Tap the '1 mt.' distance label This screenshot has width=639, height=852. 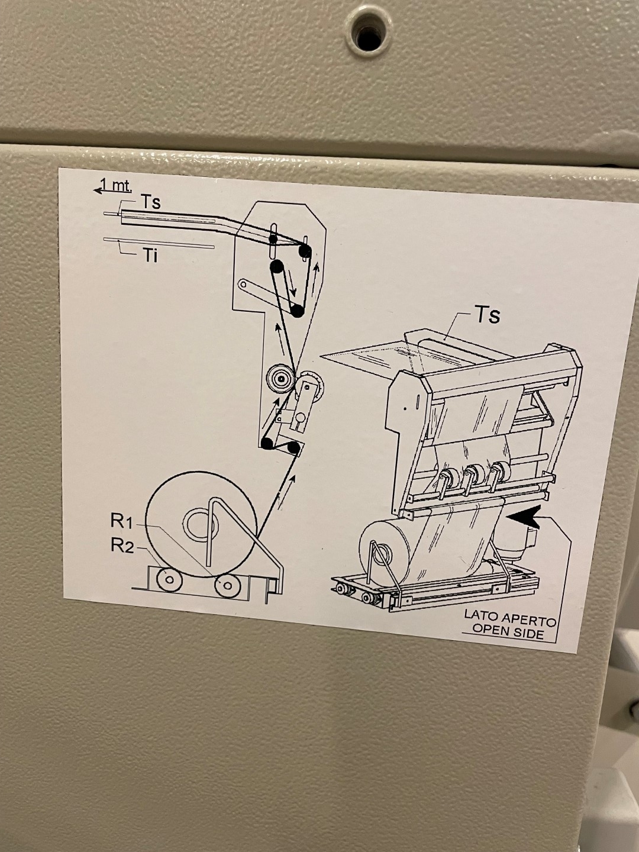117,185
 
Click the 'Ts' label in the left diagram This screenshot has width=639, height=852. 150,202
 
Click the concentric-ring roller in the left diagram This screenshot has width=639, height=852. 280,378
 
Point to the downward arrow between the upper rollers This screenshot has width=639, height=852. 291,283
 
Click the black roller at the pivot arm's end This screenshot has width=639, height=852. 298,311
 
